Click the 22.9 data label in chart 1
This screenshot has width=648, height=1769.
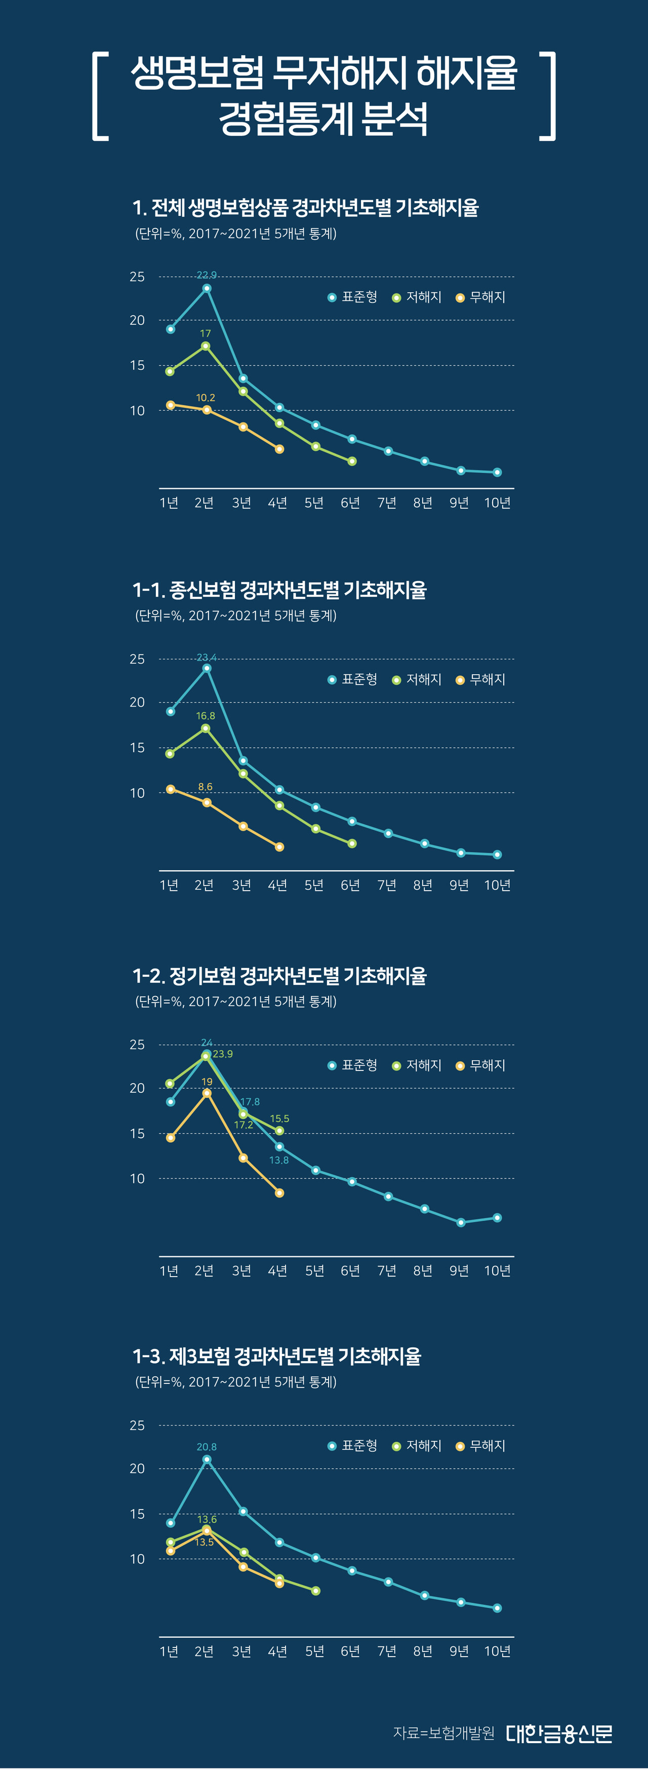207,276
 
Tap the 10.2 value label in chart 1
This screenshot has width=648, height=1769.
205,398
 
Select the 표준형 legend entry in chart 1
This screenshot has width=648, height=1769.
353,297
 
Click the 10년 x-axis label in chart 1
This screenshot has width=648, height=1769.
497,504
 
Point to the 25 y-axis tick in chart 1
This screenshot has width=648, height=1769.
137,277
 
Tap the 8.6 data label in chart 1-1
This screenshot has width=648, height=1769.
205,787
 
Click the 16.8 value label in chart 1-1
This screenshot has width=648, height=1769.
205,716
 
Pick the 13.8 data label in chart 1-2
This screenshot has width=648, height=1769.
279,1160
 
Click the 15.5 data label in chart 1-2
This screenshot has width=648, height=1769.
279,1119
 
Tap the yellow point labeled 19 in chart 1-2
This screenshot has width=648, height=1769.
207,1093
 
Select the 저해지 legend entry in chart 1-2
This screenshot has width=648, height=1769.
417,1065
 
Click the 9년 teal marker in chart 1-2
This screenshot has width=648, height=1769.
461,1222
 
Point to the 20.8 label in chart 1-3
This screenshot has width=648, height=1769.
207,1447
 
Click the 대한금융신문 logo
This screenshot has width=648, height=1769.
559,1734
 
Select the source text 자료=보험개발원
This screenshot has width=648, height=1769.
443,1734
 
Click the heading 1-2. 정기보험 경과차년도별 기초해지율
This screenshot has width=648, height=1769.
279,976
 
